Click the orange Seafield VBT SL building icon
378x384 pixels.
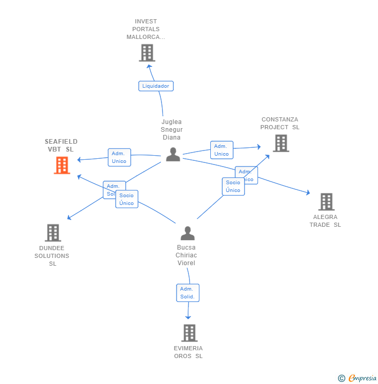coord(62,165)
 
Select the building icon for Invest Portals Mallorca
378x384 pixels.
coord(147,53)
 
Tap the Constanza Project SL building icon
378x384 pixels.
coord(280,143)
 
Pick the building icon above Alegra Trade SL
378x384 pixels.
coord(326,202)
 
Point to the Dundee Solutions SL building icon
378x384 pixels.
coord(52,233)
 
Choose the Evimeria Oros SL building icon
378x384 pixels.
coord(189,333)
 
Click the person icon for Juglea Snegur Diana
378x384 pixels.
coord(173,154)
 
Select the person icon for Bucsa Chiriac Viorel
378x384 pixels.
coord(187,233)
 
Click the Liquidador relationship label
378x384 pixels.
coord(156,86)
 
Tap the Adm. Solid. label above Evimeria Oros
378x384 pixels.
coord(187,293)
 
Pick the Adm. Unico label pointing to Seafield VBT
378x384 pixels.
coord(119,157)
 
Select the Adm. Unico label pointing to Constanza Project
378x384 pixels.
coord(221,150)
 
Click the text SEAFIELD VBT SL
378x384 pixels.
coord(61,145)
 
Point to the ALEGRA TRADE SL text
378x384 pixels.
coord(325,221)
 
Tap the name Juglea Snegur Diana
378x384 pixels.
coord(171,130)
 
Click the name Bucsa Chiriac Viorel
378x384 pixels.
coord(186,255)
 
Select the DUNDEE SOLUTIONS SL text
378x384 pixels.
coord(52,256)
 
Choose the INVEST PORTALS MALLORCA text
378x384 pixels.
coord(146,29)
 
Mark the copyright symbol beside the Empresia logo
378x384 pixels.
coord(341,378)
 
